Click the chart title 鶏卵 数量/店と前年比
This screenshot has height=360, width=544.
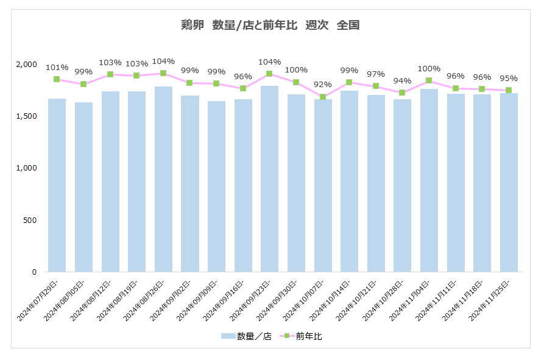[x=270, y=26]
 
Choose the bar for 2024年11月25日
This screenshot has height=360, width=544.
[x=509, y=182]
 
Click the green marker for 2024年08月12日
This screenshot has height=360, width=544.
[x=110, y=74]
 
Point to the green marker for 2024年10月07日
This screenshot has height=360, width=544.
[x=323, y=97]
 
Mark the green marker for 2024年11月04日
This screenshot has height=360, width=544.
[x=429, y=80]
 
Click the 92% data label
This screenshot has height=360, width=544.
[x=323, y=85]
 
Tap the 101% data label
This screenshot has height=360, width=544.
[x=57, y=67]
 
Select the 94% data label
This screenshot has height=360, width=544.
[x=402, y=81]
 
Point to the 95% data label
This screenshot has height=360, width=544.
[x=509, y=78]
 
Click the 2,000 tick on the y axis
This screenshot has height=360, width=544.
[x=27, y=64]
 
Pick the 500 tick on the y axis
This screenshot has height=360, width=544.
[x=30, y=220]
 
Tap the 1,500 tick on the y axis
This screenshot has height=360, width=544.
[x=27, y=116]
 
